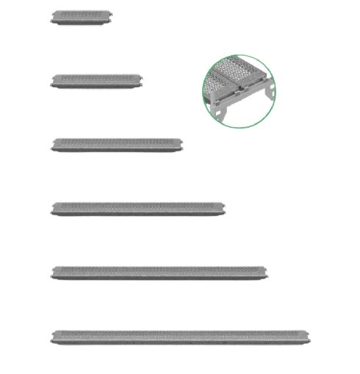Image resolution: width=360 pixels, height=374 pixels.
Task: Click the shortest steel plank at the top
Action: pos(82,16)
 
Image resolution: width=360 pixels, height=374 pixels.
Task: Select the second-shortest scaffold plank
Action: pos(96,79)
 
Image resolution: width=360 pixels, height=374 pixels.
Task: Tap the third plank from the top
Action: pos(117,144)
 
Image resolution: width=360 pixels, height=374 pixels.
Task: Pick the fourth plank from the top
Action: pos(138,209)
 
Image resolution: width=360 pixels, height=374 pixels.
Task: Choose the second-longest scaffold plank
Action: pos(159,273)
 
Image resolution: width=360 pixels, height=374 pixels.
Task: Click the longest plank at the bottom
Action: pos(181,337)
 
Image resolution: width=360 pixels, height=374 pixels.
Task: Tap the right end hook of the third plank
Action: pos(181,145)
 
